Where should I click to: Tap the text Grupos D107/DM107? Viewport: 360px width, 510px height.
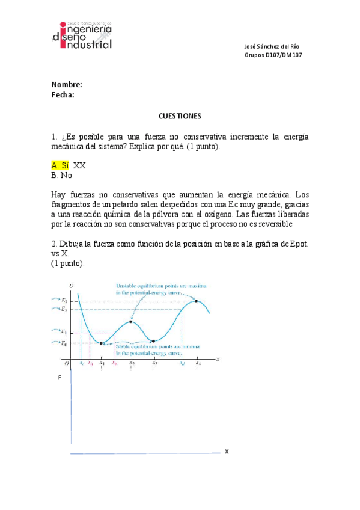[x=273, y=55]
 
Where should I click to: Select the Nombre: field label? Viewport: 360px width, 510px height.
[x=66, y=85]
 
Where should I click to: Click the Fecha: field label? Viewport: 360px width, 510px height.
[x=63, y=94]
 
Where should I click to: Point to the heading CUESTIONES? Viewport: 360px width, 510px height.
[x=180, y=115]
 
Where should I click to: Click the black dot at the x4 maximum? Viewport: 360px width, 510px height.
[x=197, y=301]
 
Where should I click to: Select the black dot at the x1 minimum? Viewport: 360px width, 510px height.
[x=101, y=343]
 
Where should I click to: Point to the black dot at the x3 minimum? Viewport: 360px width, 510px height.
[x=154, y=341]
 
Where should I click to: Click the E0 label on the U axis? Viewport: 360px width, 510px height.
[x=64, y=343]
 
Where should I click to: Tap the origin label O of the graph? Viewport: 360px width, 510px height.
[x=67, y=363]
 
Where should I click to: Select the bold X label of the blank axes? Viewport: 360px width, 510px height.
[x=227, y=451]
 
